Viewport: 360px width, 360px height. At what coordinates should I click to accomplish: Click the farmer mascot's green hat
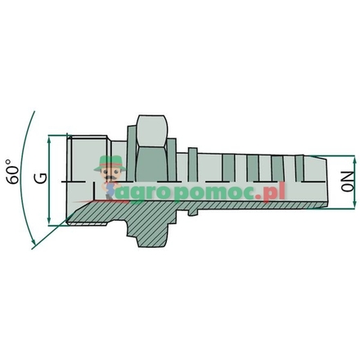[108, 161]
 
